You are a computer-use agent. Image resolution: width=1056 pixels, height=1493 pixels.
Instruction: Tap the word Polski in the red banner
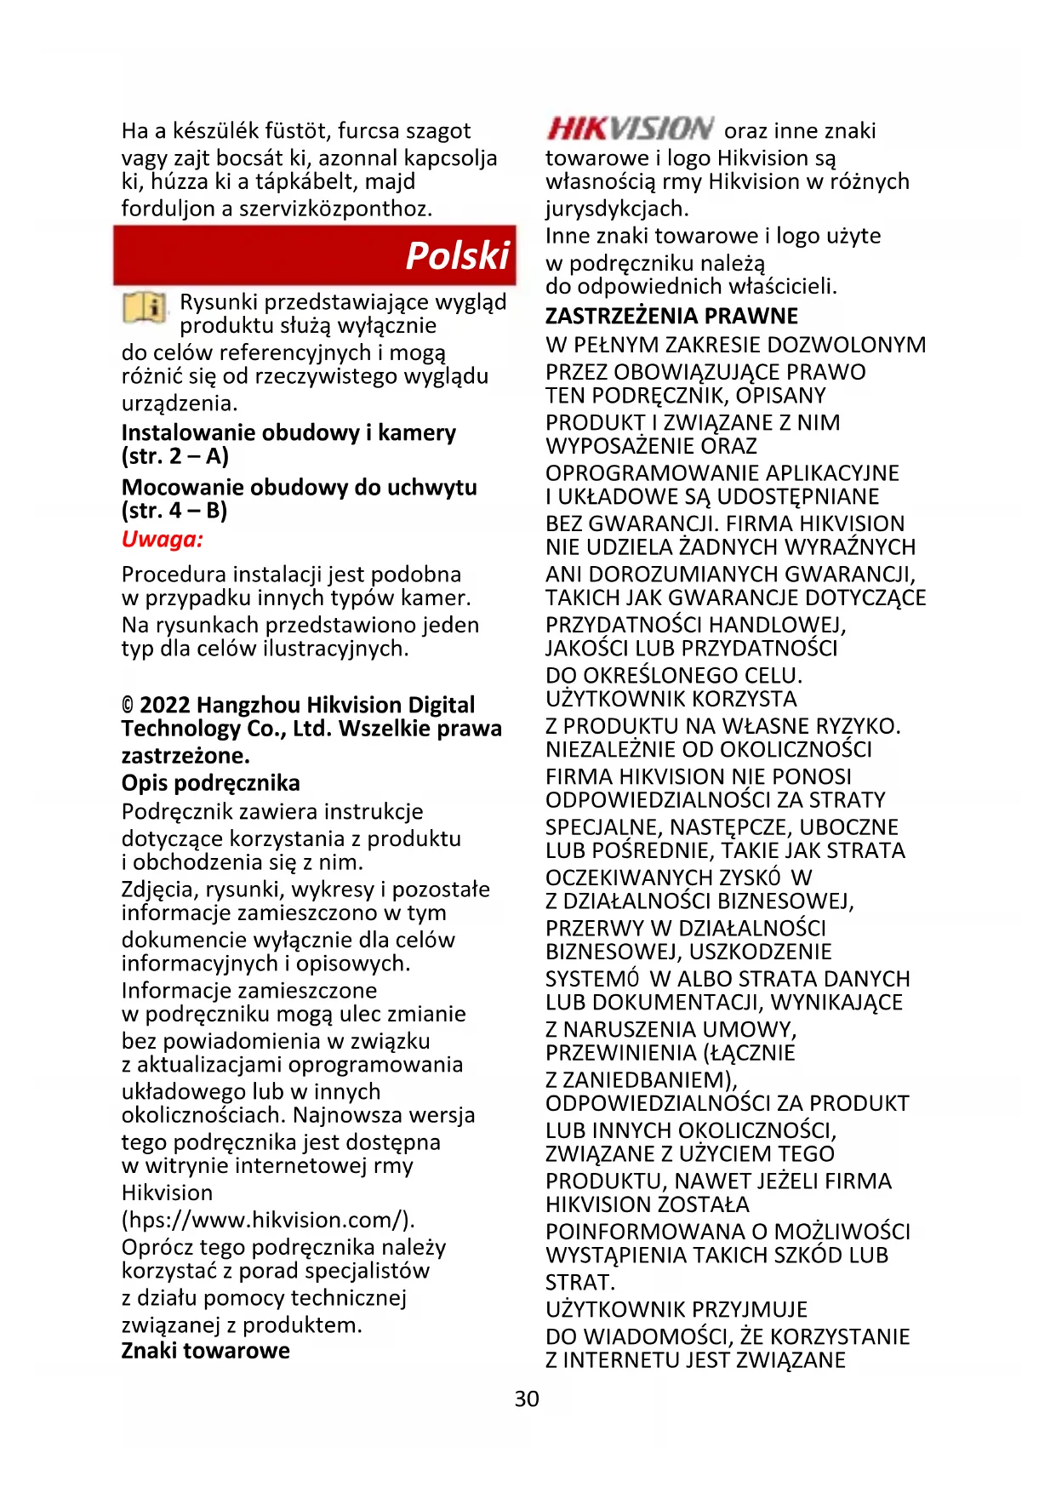pos(457,255)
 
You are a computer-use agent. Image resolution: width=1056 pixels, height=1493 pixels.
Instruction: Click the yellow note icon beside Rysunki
pos(145,307)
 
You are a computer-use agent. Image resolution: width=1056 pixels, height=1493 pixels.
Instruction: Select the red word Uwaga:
pos(163,540)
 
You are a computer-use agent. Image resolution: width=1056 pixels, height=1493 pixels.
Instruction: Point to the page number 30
pos(527,1399)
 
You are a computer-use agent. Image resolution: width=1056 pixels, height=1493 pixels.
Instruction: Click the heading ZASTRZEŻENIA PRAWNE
pos(671,316)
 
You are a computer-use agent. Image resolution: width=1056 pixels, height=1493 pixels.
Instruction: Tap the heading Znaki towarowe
pos(205,1351)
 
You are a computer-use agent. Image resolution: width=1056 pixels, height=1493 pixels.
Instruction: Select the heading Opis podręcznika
pos(210,783)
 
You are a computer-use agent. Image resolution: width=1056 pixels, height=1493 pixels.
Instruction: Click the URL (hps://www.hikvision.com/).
pos(268,1220)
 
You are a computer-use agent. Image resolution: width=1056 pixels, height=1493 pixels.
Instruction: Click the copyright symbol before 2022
pos(128,706)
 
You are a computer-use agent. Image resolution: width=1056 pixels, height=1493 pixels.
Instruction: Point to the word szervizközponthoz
pos(335,209)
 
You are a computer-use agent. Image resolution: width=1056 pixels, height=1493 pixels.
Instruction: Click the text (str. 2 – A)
pos(175,456)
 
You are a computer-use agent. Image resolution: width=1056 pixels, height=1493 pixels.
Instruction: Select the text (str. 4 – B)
pos(174,511)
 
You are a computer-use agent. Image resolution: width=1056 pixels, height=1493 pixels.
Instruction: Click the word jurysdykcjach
pos(617,209)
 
